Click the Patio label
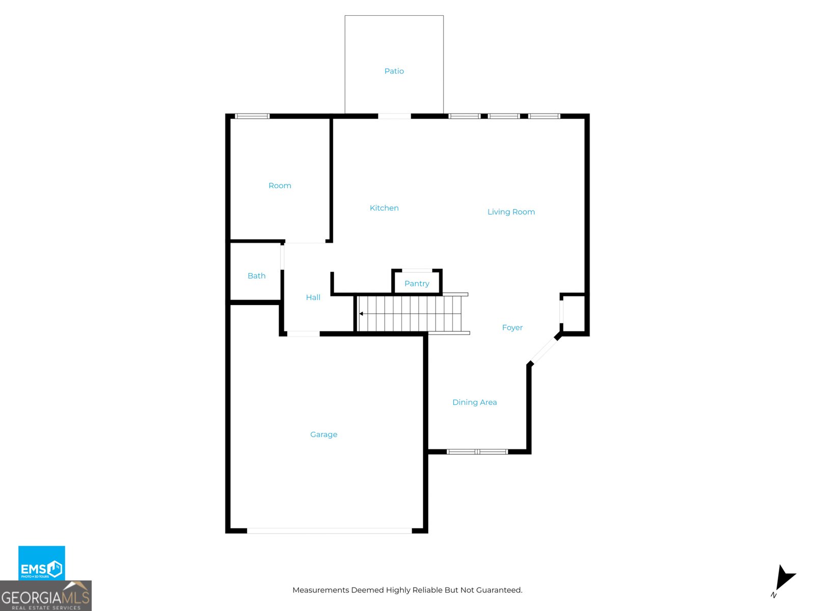click(394, 71)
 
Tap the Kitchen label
click(384, 208)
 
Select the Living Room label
click(511, 212)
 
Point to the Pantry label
click(417, 284)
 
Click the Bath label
click(256, 276)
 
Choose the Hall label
click(313, 297)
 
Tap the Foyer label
click(512, 327)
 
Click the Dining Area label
click(474, 402)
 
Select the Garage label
click(323, 434)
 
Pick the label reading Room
click(280, 186)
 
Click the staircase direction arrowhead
click(361, 314)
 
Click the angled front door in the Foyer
click(544, 350)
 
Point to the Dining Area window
click(477, 452)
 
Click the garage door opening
click(329, 531)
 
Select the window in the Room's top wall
click(252, 116)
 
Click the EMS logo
click(41, 563)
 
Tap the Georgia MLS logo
click(45, 596)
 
